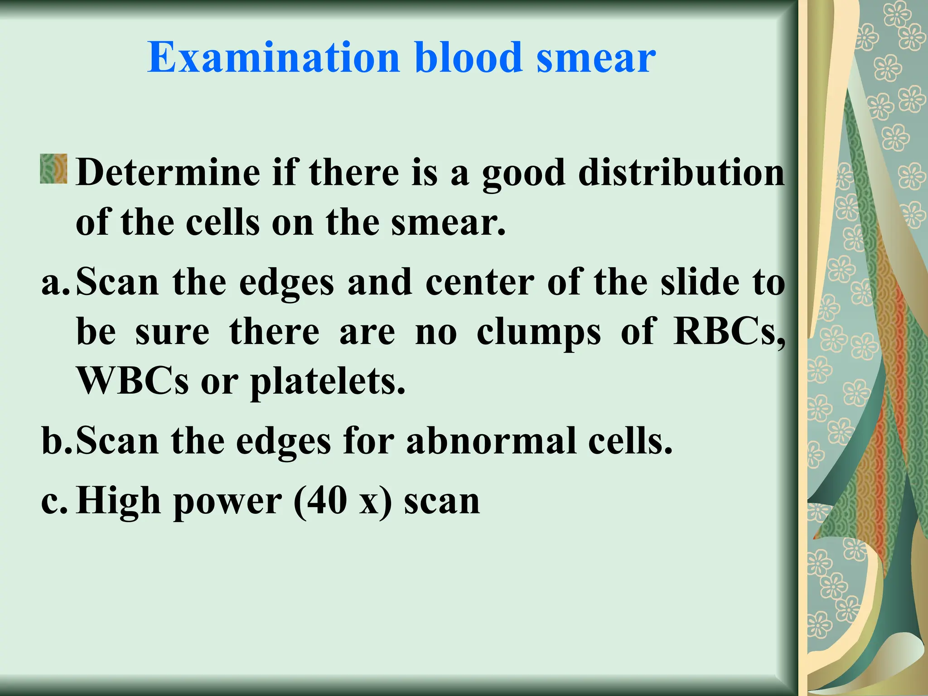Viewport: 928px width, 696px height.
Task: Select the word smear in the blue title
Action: point(596,59)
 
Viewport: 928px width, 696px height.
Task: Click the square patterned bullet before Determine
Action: point(53,169)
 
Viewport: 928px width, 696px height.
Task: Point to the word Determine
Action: point(168,173)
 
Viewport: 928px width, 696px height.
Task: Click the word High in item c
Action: point(118,502)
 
